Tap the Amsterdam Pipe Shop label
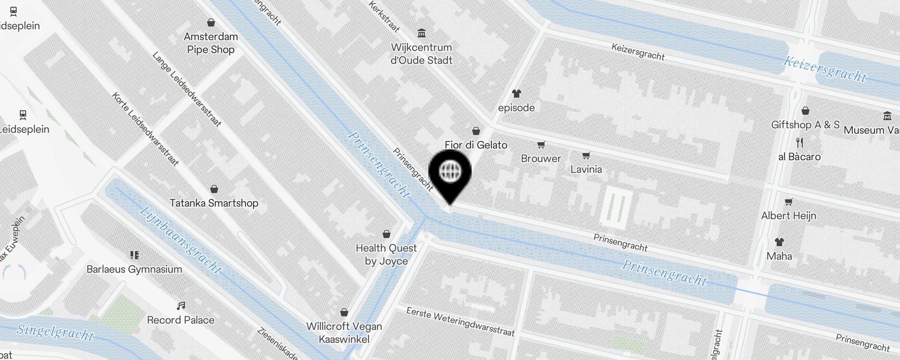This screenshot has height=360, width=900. (x=211, y=43)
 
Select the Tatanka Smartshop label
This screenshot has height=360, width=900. (x=214, y=203)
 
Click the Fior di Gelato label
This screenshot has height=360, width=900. (x=476, y=145)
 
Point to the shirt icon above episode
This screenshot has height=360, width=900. (x=516, y=94)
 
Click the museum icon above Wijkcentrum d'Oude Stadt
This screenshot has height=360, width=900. (x=422, y=33)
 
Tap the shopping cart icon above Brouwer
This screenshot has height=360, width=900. (x=541, y=144)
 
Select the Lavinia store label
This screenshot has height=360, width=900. (x=586, y=169)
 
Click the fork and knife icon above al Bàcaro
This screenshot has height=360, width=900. (x=800, y=143)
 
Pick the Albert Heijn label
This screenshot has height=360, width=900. (x=788, y=216)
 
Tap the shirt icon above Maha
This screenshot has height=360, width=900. (x=779, y=242)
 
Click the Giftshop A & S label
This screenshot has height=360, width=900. (x=805, y=125)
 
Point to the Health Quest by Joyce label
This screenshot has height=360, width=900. (x=386, y=255)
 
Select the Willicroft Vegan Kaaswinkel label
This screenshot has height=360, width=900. (x=344, y=333)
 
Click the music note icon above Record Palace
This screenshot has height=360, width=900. (x=181, y=306)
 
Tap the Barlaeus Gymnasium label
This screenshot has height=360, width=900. (x=134, y=269)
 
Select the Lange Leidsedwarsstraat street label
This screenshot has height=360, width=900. (x=187, y=89)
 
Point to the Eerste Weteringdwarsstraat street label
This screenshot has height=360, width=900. (x=460, y=322)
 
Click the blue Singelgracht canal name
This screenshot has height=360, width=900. (x=55, y=332)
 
